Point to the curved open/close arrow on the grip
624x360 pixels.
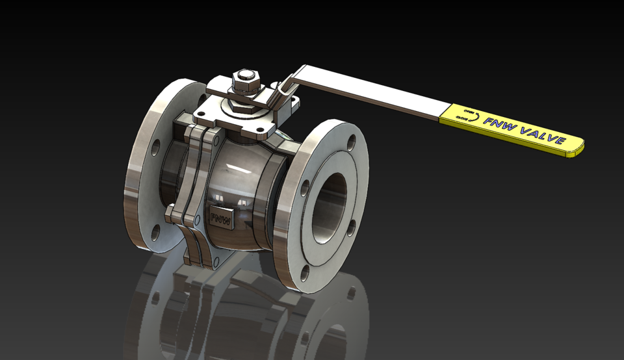click(x=478, y=118)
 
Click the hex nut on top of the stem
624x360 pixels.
click(x=244, y=81)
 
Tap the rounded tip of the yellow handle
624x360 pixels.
click(x=577, y=148)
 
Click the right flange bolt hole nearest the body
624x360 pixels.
click(x=304, y=188)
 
